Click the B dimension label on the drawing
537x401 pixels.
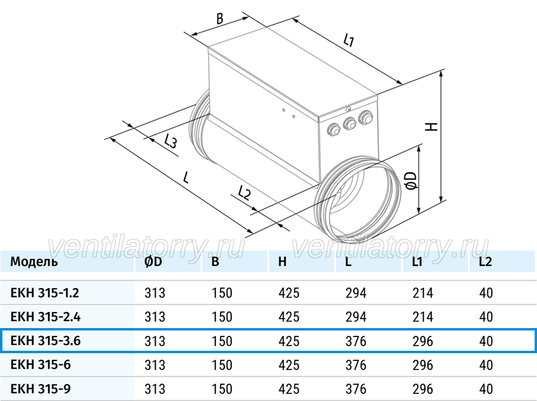click(x=220, y=18)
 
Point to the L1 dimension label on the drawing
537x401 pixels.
click(x=348, y=40)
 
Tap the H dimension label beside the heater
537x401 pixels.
click(x=431, y=126)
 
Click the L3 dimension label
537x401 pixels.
click(x=171, y=141)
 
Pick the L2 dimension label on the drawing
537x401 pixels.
click(x=244, y=193)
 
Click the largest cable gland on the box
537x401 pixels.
click(x=366, y=117)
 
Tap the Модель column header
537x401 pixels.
click(x=34, y=262)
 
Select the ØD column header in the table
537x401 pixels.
click(x=153, y=262)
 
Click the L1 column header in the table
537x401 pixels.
click(x=417, y=262)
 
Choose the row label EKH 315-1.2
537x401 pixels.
click(x=45, y=293)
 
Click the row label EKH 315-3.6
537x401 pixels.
click(x=45, y=341)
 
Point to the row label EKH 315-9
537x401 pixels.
click(x=41, y=389)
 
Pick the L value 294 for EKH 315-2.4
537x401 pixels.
click(x=356, y=317)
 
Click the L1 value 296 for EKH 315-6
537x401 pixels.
click(x=423, y=365)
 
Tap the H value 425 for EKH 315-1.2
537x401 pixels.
click(x=289, y=293)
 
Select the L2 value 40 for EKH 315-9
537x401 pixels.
click(x=486, y=389)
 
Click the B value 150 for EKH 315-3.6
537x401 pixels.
click(x=222, y=341)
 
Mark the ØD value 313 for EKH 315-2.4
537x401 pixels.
click(x=155, y=317)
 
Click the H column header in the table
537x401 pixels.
click(x=282, y=262)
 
